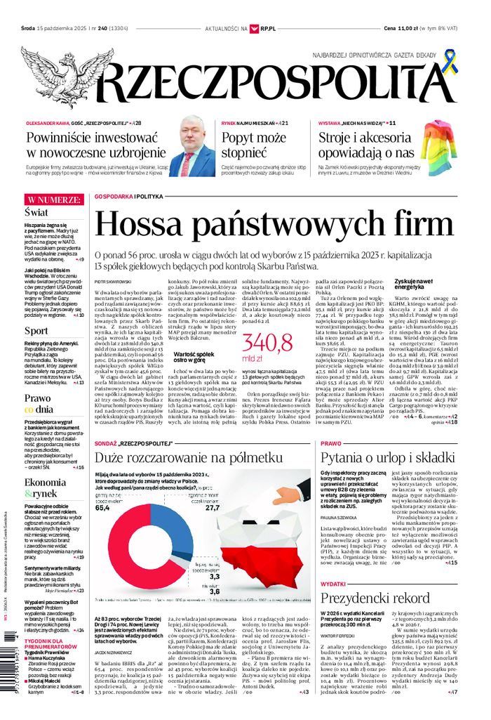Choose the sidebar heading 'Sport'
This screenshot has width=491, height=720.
(36, 330)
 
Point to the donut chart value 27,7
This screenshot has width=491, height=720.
(213, 506)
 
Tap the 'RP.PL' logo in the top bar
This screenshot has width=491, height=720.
(266, 29)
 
